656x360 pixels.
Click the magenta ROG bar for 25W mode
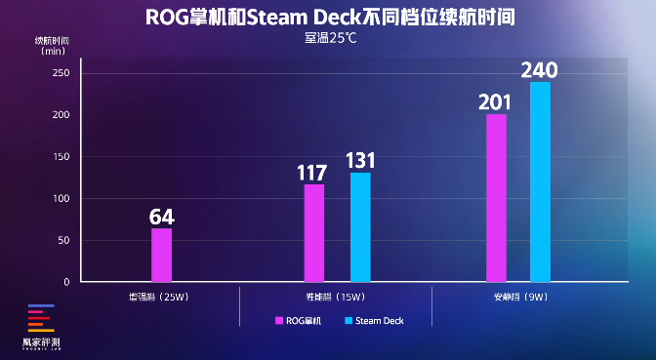[161, 255]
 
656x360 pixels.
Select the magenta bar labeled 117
[314, 232]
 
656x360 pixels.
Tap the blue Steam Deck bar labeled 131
[360, 226]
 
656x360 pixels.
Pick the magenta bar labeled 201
[496, 197]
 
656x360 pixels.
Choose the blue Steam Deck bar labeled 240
[540, 181]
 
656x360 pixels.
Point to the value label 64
[161, 216]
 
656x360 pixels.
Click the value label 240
[540, 70]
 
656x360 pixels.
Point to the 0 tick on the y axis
[65, 282]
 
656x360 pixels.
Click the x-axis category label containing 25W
[161, 296]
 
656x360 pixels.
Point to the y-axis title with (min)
[52, 45]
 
